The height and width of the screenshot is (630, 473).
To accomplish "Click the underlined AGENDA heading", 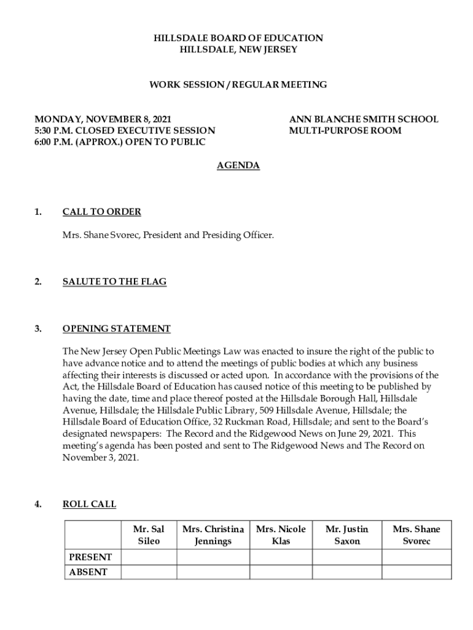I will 238,165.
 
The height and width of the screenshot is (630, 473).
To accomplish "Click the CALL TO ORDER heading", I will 102,212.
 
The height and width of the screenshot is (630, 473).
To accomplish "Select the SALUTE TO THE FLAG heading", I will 114,282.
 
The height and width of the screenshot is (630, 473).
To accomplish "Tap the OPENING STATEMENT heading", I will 116,329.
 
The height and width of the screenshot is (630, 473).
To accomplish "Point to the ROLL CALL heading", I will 89,504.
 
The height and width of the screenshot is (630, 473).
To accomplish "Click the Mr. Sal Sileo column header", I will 149,535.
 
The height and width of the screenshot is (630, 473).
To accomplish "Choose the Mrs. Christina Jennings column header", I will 213,535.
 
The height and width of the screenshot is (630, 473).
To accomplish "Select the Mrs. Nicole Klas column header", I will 281,535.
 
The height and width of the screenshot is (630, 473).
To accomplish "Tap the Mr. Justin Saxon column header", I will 347,535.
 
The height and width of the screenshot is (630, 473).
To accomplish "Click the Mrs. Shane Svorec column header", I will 416,535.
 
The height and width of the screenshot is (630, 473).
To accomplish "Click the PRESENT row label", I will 90,557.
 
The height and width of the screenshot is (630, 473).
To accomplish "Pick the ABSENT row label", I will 88,572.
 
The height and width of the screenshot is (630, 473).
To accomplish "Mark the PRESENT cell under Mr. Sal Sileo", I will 149,557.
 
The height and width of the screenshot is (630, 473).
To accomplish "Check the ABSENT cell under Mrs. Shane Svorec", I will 416,572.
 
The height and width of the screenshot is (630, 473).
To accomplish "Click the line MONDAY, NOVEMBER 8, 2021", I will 103,119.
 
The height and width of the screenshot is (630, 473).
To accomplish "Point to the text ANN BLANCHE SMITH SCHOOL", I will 364,119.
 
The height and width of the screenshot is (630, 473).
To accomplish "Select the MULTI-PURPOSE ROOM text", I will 345,130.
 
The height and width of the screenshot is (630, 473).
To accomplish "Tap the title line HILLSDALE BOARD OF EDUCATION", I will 238,38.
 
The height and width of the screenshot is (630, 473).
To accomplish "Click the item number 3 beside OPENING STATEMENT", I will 38,329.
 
